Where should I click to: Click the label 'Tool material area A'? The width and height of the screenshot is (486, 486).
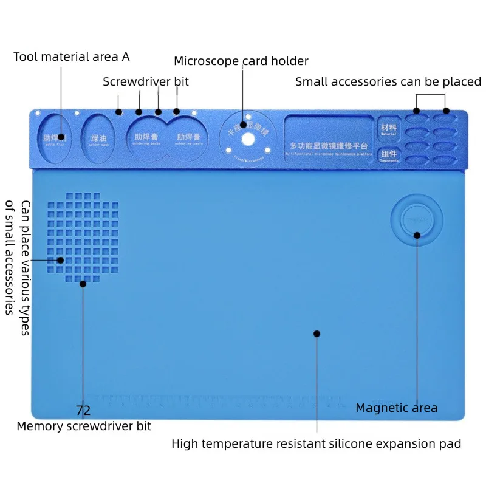tap(72, 57)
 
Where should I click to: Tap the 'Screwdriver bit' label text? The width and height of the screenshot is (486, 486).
tap(146, 81)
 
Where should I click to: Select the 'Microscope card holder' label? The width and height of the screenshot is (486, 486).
tap(241, 61)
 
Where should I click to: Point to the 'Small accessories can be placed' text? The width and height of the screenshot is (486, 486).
tap(388, 81)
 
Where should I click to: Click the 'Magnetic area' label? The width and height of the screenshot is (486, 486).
tap(396, 408)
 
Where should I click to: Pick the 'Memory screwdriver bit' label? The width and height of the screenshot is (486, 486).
tap(84, 426)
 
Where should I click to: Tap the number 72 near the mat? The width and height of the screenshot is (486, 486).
tap(83, 411)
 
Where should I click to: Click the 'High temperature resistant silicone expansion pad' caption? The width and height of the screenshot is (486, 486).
tap(316, 443)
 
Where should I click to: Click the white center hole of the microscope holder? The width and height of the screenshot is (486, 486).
tap(248, 139)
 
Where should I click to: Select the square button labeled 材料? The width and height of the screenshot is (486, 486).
tap(388, 128)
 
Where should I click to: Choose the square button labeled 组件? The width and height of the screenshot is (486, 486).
tap(388, 156)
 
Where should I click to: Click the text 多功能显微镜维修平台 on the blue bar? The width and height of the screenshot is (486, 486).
tap(328, 146)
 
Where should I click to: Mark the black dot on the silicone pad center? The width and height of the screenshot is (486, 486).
tap(317, 333)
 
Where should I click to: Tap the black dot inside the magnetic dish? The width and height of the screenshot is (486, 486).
tap(417, 234)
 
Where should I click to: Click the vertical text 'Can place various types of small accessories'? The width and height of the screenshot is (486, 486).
tap(18, 258)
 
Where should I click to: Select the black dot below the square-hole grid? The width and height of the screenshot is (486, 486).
tap(83, 283)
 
